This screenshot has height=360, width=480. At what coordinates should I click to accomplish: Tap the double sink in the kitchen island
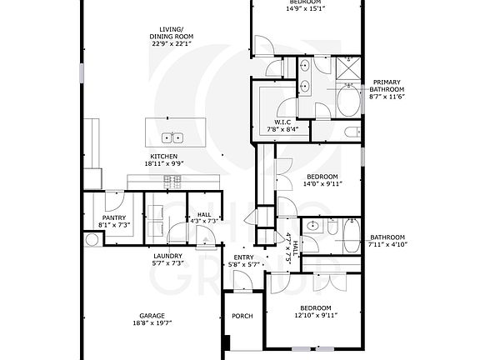point(172,138)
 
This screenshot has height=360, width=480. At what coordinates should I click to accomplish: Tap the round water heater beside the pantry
point(91,239)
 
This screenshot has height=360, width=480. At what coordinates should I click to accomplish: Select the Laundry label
point(168,256)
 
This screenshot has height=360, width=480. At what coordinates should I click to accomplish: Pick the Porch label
point(242,315)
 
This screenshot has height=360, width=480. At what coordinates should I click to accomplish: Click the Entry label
point(244,257)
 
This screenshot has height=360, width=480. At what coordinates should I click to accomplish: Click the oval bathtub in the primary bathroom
point(344,102)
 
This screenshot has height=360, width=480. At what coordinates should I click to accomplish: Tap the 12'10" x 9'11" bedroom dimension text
point(316,314)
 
